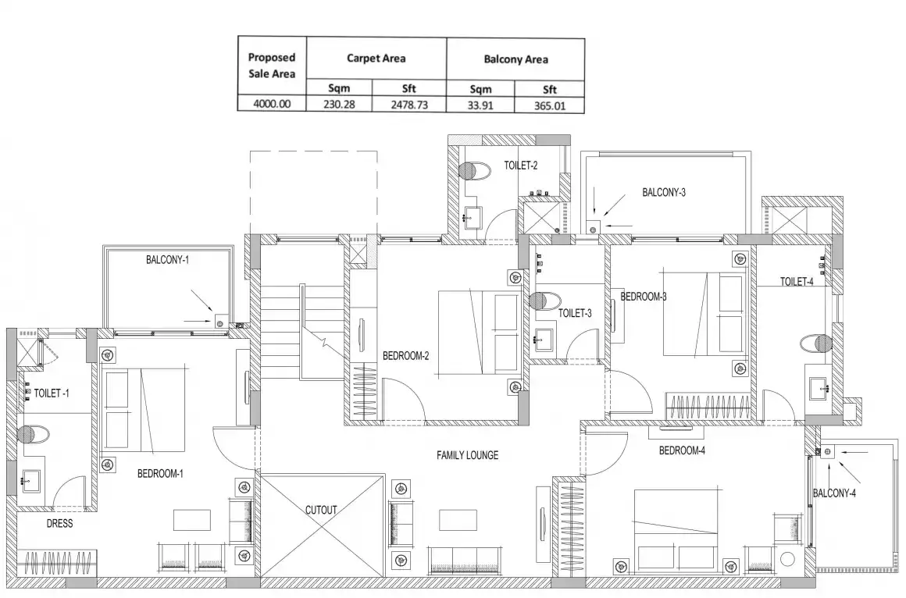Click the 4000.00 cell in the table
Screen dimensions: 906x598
pos(272,104)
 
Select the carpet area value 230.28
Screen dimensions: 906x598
pos(339,105)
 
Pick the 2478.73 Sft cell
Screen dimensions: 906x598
pos(410,105)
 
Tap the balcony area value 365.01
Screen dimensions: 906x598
pos(550,106)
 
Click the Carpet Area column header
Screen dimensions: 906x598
pos(376,59)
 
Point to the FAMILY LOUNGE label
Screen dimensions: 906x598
pos(467,455)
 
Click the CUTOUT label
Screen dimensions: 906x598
pos(321,511)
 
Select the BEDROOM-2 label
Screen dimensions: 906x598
pos(405,356)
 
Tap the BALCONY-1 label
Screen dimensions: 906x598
pos(167,260)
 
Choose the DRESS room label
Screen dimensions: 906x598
pos(59,524)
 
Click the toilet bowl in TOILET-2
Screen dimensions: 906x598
pos(473,170)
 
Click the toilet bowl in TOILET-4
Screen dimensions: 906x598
pos(816,343)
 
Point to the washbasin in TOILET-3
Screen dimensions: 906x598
pos(542,339)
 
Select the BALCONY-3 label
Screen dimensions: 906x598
pos(664,192)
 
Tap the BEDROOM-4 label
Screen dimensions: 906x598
pos(682,450)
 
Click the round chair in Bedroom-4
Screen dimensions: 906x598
pos(787,559)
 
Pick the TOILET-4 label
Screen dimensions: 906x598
pos(797,282)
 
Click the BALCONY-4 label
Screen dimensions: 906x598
pos(834,493)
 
